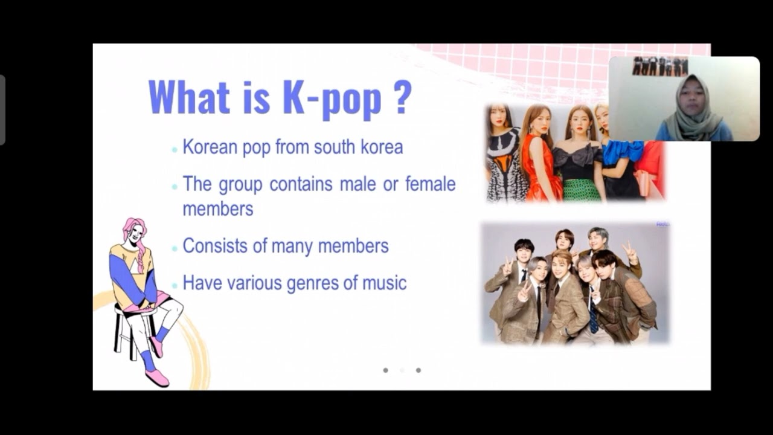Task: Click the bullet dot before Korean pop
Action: (x=175, y=149)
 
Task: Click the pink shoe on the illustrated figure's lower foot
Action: (x=157, y=377)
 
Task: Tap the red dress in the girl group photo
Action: (x=539, y=169)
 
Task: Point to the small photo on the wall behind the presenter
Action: (x=659, y=66)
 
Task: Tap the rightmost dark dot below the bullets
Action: (x=418, y=370)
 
